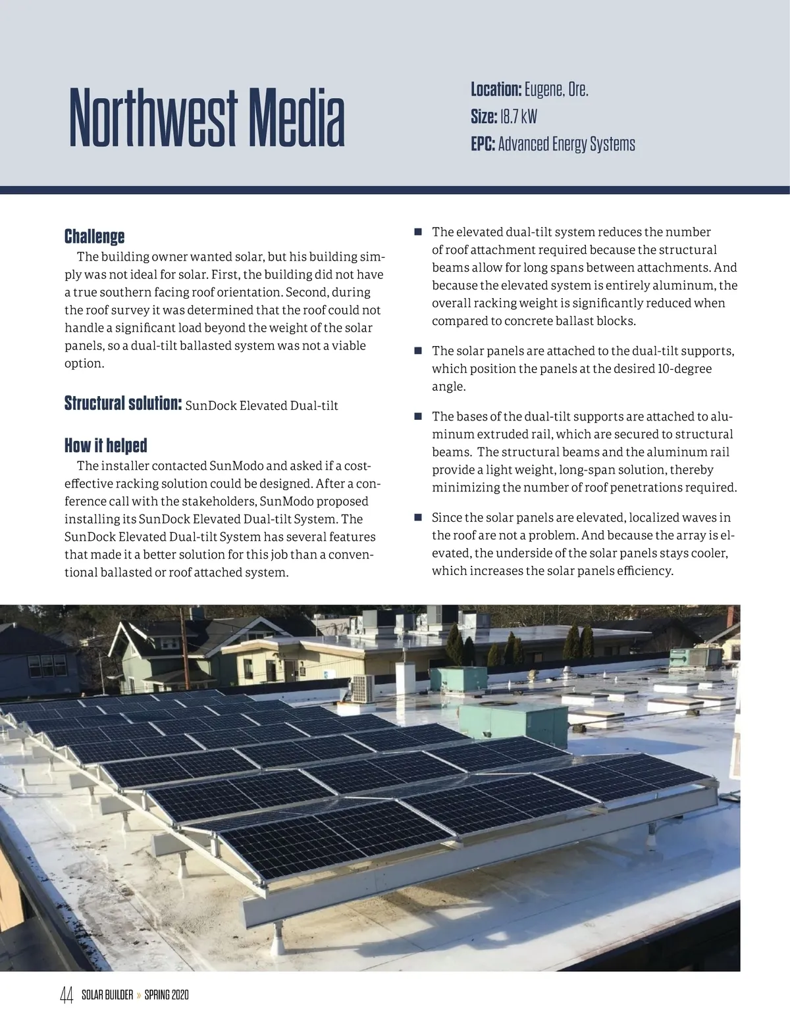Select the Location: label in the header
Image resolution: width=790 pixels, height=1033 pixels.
coord(496,89)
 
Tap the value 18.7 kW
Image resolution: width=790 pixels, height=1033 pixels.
coord(518,117)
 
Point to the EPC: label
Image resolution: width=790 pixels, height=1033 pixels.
coord(483,144)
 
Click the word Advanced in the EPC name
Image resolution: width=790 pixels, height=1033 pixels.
coord(523,144)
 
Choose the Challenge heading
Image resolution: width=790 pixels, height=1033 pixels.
coord(94,236)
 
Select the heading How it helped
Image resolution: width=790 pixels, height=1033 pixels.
coord(105,445)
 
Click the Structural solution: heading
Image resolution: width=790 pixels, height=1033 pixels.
coord(122,403)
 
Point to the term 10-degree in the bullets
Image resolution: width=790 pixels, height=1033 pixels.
coord(685,368)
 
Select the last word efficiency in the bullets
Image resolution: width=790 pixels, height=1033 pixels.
coord(645,570)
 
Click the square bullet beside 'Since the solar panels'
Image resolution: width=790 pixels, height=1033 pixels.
coord(417,518)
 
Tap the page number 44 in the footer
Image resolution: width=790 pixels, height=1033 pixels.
coord(66,995)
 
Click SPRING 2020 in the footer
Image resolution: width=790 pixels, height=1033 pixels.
coord(167,995)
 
